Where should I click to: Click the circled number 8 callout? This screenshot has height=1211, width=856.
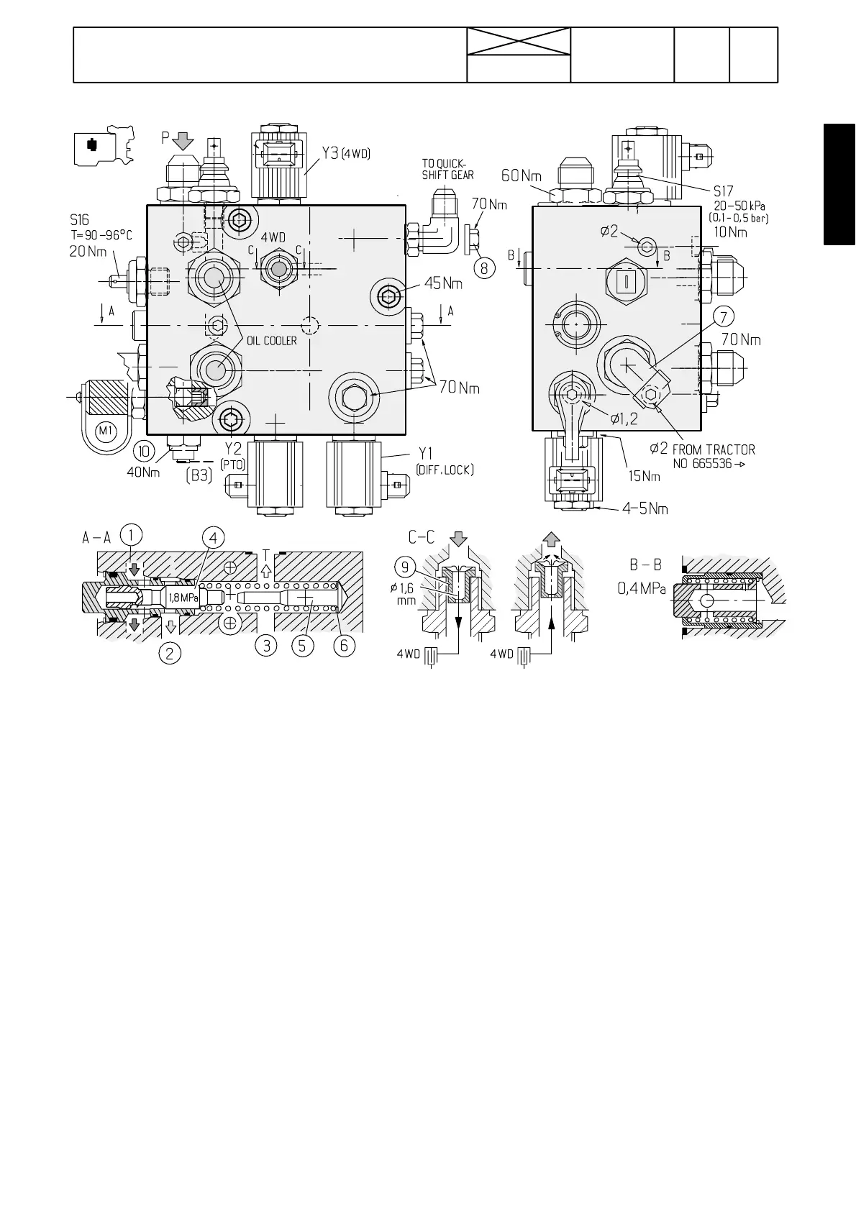485,268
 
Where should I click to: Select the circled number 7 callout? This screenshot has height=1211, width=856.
724,316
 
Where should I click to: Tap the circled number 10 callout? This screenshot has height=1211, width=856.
145,451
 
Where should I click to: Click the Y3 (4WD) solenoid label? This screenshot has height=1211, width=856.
345,153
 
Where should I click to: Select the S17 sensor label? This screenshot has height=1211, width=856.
723,191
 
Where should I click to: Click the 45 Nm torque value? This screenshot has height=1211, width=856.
443,283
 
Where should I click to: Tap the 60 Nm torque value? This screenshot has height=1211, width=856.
521,175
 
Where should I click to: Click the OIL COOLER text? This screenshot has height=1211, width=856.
272,341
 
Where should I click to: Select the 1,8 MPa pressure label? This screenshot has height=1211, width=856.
183,598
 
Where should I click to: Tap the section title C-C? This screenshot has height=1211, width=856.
422,537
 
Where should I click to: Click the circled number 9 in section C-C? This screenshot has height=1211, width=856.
405,567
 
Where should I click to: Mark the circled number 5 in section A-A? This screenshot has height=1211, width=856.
302,646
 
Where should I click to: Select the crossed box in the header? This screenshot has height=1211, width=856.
519,42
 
